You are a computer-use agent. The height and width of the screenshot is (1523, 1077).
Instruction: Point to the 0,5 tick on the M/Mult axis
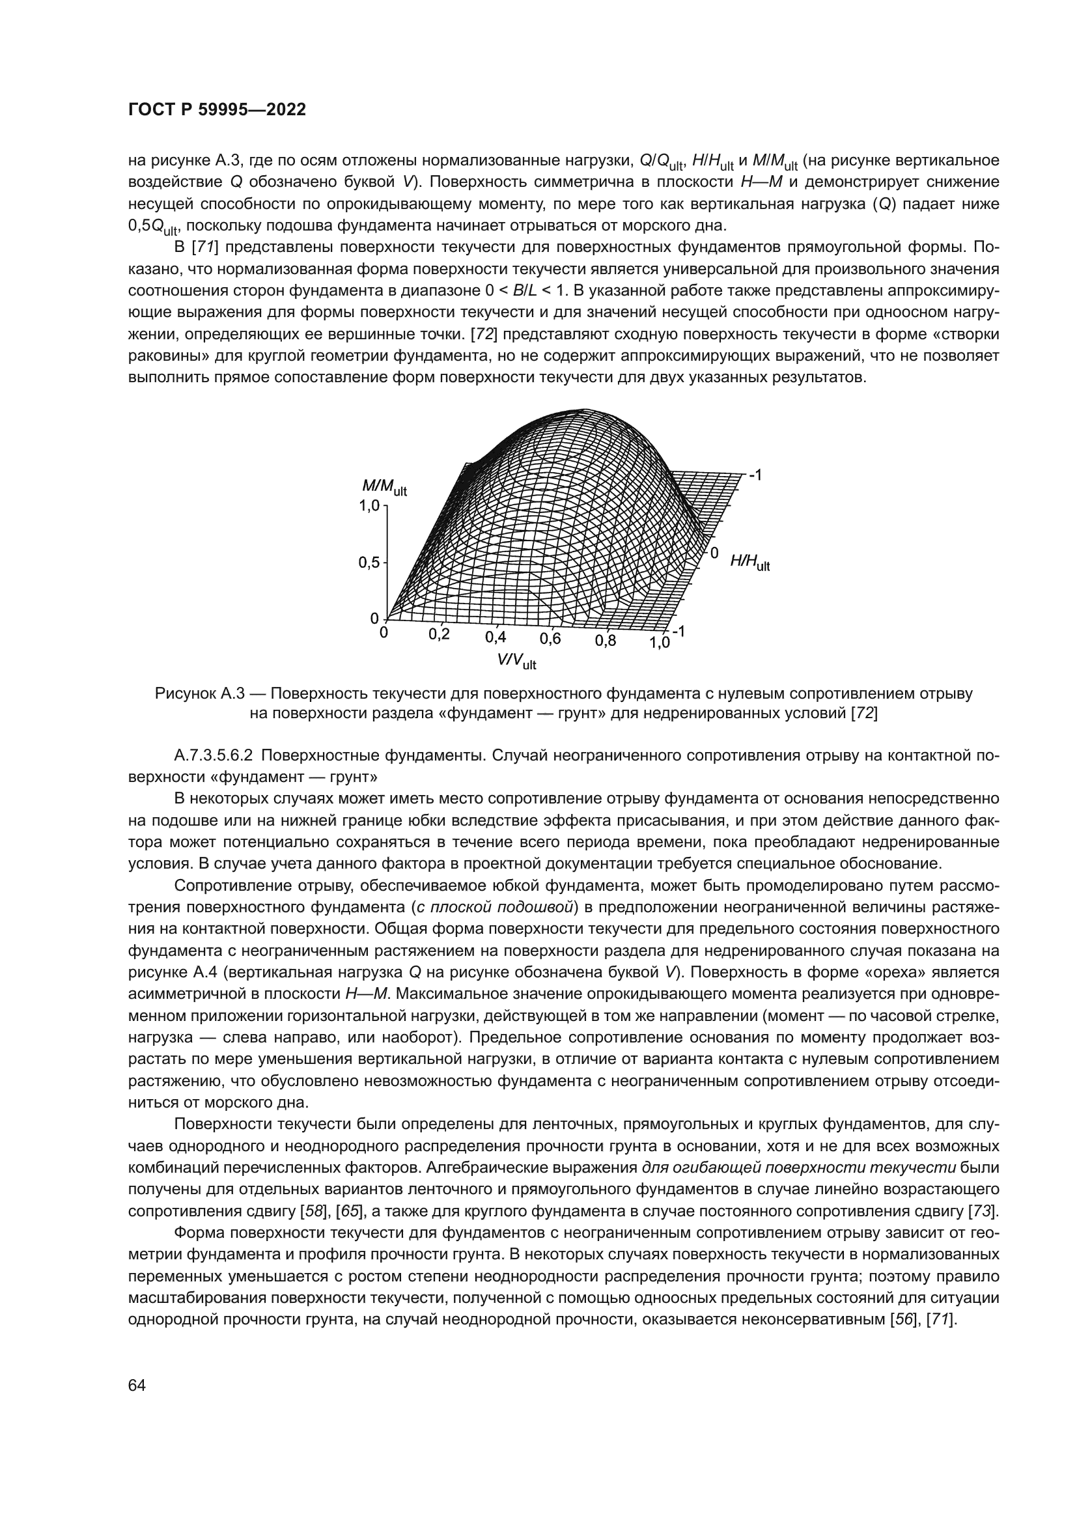coord(369,563)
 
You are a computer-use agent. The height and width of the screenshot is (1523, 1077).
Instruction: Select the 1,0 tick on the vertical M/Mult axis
coord(369,506)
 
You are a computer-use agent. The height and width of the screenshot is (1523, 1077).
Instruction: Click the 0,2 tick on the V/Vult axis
coord(439,634)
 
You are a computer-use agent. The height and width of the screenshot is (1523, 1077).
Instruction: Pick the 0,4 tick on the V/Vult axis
coord(496,637)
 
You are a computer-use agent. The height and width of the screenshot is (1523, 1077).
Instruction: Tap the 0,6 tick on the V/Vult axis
coord(550,639)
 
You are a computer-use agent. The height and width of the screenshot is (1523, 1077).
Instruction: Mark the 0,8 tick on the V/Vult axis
coord(605,641)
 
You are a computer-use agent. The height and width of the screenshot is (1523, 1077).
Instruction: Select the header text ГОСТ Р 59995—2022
coord(217,110)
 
